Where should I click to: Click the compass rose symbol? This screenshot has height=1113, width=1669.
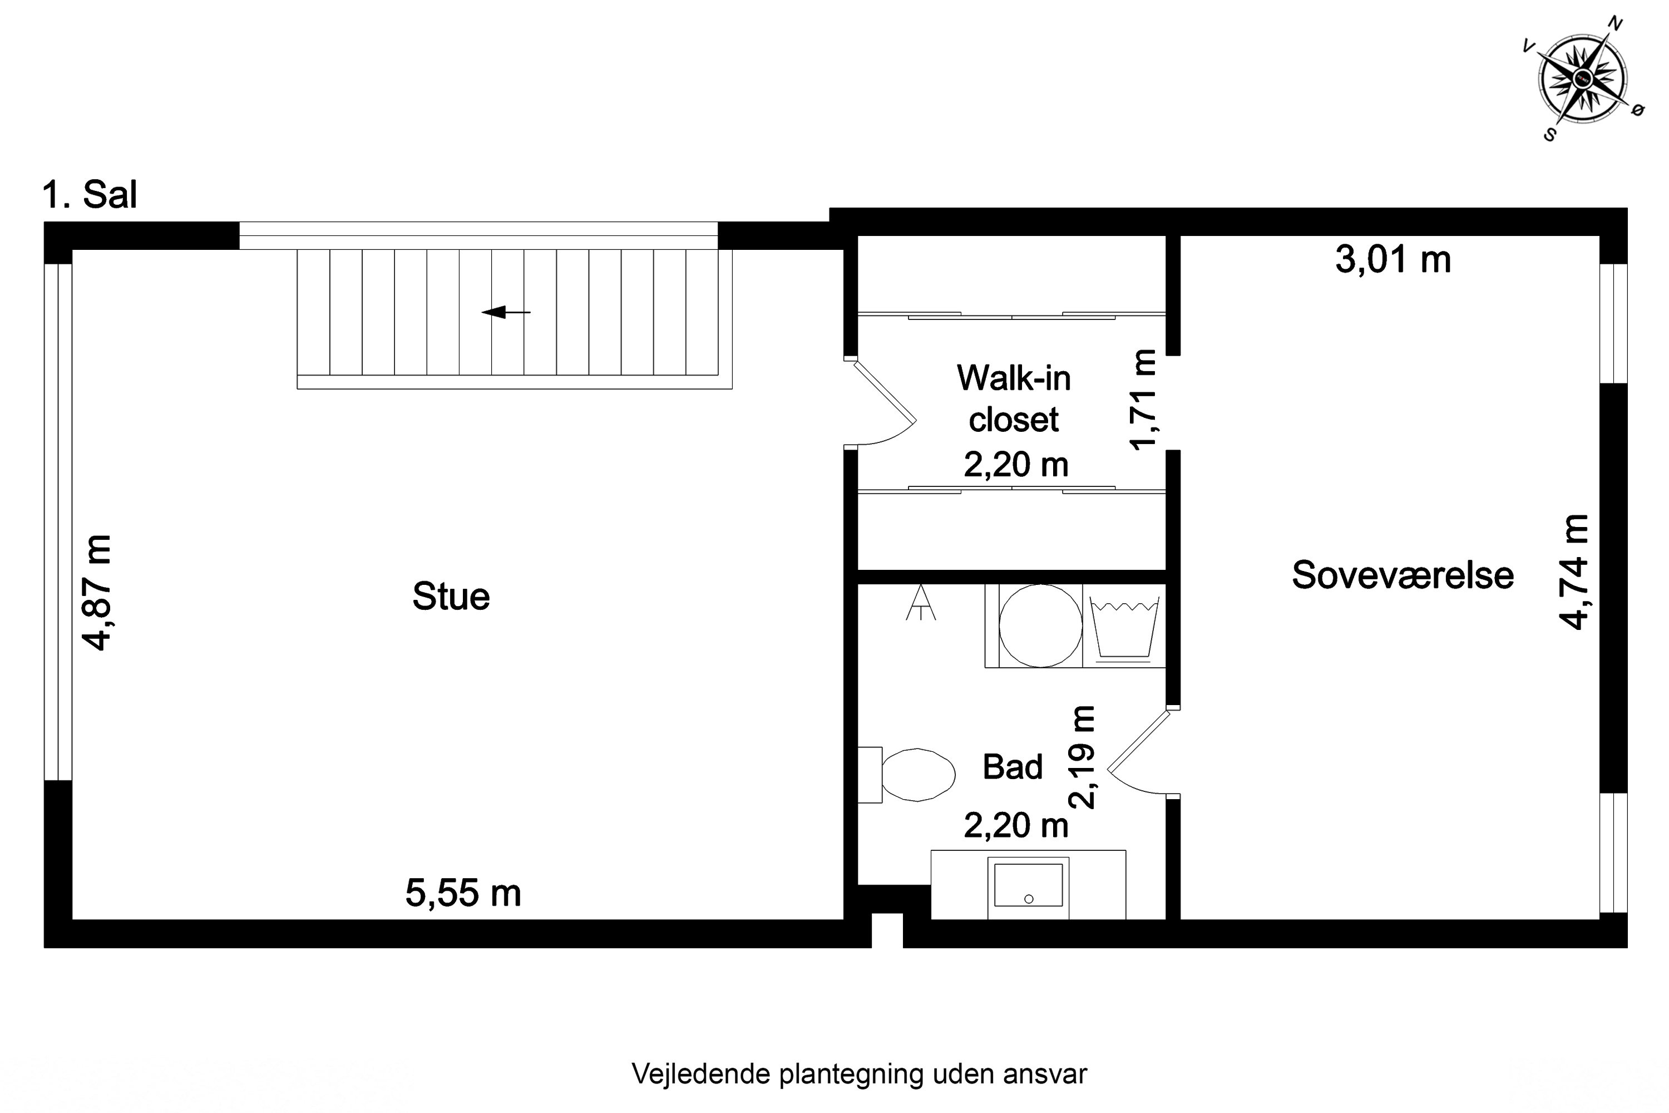click(1582, 78)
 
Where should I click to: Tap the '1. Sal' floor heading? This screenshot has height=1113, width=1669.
click(90, 194)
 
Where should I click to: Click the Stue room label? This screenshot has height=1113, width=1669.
click(451, 596)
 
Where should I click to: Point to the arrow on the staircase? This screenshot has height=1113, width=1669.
click(505, 312)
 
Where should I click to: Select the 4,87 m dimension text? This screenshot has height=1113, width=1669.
click(97, 593)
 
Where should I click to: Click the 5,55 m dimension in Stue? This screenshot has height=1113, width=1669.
click(463, 893)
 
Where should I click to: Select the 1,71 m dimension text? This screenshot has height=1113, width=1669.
click(1143, 400)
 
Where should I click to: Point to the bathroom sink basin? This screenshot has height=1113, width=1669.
click(1028, 885)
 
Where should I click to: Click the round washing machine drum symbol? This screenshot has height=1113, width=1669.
click(1040, 626)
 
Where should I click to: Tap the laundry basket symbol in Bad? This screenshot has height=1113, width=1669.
click(1124, 628)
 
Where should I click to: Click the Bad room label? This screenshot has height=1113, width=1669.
click(1013, 767)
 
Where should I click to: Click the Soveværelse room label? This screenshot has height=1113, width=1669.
click(1402, 575)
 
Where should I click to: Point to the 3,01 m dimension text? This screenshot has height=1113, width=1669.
click(1393, 260)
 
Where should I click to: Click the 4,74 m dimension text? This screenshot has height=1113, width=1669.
click(1573, 572)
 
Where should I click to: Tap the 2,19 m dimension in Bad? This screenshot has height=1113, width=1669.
click(1083, 757)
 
